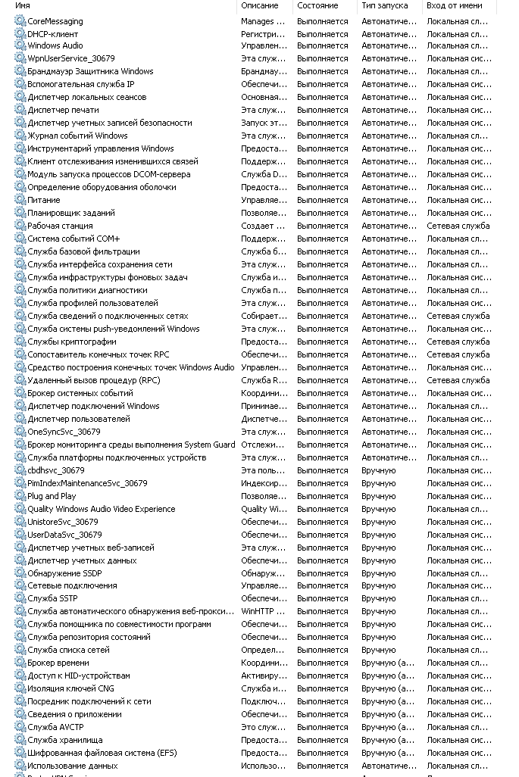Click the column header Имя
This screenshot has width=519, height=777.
pos(23,6)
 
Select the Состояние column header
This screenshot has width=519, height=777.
pos(317,6)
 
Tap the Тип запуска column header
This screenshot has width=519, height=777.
pos(384,6)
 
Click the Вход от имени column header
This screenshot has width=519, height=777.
pos(454,6)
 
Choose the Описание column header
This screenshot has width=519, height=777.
pos(259,6)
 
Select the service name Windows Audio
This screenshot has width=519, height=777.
pos(55,45)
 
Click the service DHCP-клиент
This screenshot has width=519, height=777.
pos(52,33)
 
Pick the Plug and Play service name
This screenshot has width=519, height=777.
pos(52,496)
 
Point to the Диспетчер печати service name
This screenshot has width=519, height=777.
pos(63,110)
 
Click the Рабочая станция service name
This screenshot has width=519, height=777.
pos(60,226)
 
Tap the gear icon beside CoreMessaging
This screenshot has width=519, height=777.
pos(20,21)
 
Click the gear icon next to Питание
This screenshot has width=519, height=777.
pos(20,200)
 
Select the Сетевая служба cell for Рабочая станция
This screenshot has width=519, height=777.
pos(458,226)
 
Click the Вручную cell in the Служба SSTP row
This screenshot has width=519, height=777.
pos(378,599)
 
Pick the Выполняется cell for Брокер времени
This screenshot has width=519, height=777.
pos(322,663)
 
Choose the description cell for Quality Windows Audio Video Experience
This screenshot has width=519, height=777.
pos(264,509)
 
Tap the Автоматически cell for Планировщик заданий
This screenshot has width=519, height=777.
pos(389,213)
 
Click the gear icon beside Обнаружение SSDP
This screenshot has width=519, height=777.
pos(20,573)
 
